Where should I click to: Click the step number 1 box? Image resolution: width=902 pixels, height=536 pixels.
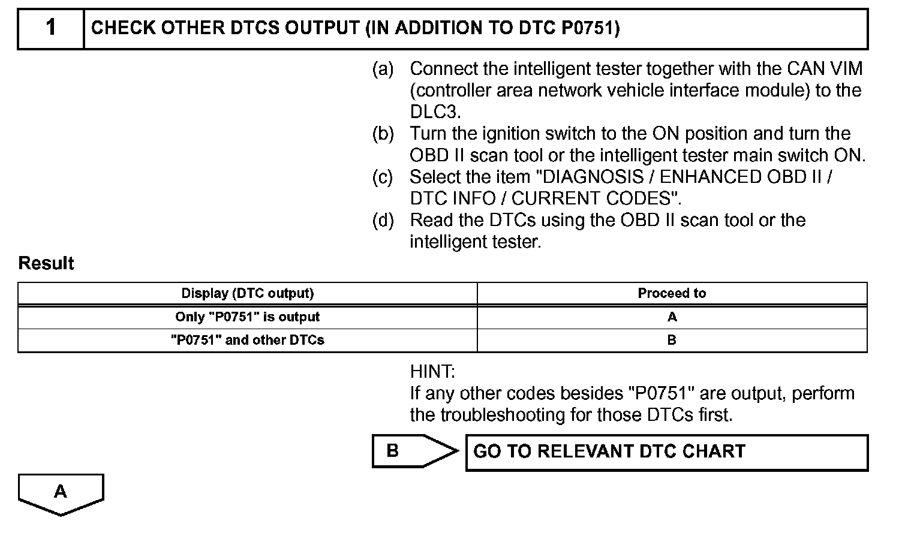[51, 28]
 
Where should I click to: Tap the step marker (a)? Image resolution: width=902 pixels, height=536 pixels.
[383, 69]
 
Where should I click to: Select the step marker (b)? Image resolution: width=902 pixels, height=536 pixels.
[383, 134]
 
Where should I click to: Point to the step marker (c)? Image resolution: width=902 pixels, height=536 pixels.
[383, 177]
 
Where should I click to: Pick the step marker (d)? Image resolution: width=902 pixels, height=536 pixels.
[383, 220]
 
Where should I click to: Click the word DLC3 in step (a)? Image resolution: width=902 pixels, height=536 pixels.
[434, 112]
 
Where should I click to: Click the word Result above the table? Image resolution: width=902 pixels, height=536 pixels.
[46, 263]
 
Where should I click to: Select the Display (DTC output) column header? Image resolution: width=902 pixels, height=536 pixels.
[247, 293]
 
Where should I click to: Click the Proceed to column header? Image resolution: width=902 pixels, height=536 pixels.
[672, 293]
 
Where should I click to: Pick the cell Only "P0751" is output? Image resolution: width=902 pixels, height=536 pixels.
[247, 317]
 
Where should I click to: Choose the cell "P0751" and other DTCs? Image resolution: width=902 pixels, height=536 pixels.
[247, 340]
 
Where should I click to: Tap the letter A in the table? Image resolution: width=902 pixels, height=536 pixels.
[672, 317]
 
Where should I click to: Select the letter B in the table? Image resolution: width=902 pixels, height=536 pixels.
[672, 340]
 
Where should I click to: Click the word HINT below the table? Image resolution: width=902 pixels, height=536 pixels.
[432, 372]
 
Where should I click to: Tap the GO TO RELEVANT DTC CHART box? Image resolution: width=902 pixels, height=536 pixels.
[666, 452]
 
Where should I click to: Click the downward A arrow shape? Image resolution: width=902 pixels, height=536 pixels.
[61, 493]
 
